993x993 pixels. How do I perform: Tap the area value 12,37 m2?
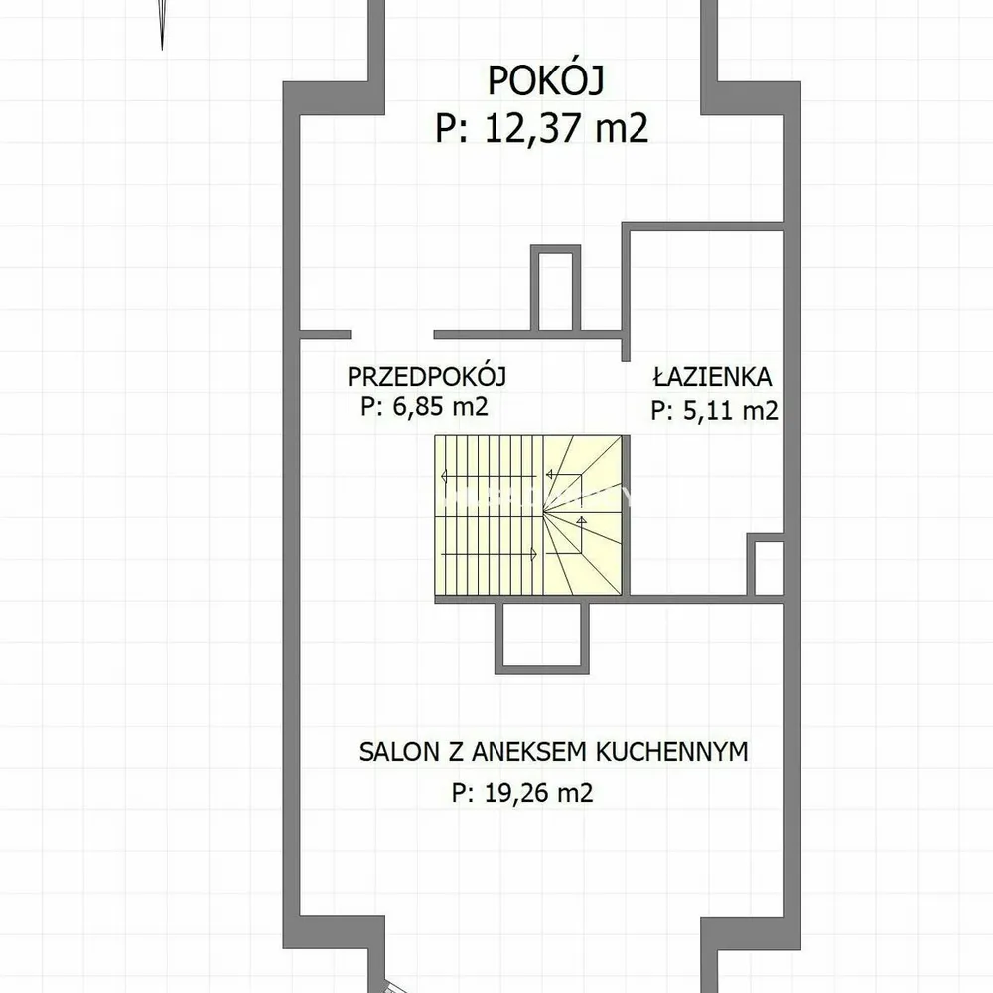point(566,127)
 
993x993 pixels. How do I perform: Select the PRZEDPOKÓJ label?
point(426,376)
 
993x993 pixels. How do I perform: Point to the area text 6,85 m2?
point(440,406)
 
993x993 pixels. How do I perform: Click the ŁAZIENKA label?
point(712,376)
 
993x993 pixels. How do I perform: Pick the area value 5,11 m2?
point(730,411)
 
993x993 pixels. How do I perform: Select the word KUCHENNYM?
point(672,751)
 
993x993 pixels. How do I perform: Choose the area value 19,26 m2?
point(538,793)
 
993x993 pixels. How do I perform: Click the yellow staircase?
point(528,514)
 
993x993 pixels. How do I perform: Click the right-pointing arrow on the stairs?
point(489,555)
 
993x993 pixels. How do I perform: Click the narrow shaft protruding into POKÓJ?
point(555,288)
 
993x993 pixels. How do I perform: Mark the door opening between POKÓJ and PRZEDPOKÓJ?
point(392,335)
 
